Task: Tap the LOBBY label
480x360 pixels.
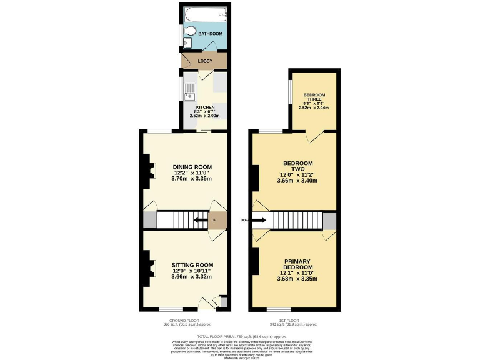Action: click(205, 61)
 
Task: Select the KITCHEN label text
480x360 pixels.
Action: click(205, 107)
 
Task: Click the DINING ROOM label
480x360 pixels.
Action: click(192, 167)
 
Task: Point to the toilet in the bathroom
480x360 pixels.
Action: click(189, 32)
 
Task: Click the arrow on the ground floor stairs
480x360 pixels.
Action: click(201, 220)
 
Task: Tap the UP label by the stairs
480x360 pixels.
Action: click(214, 221)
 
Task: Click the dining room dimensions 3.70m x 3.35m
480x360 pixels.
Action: click(192, 179)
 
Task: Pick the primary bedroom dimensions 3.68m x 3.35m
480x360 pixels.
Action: click(297, 279)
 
